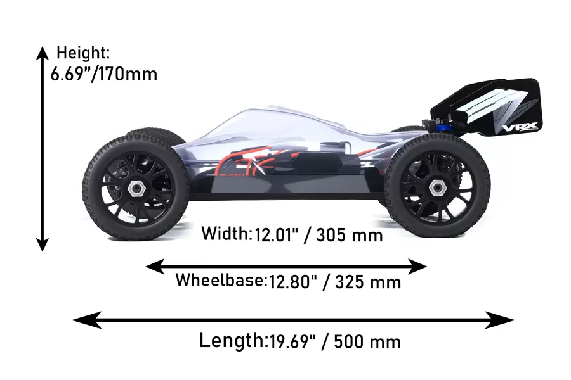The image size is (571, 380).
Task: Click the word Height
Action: click(81, 53)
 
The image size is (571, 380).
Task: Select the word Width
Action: click(225, 233)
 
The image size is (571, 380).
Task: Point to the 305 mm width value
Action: click(350, 235)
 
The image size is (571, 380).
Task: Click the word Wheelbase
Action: click(220, 280)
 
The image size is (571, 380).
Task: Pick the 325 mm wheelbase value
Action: click(368, 282)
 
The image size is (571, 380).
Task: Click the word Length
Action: click(231, 340)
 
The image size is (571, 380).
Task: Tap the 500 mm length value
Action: click(367, 342)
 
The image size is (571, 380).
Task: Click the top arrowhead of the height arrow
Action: click(43, 53)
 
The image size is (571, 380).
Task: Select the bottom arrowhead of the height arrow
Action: click(43, 244)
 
